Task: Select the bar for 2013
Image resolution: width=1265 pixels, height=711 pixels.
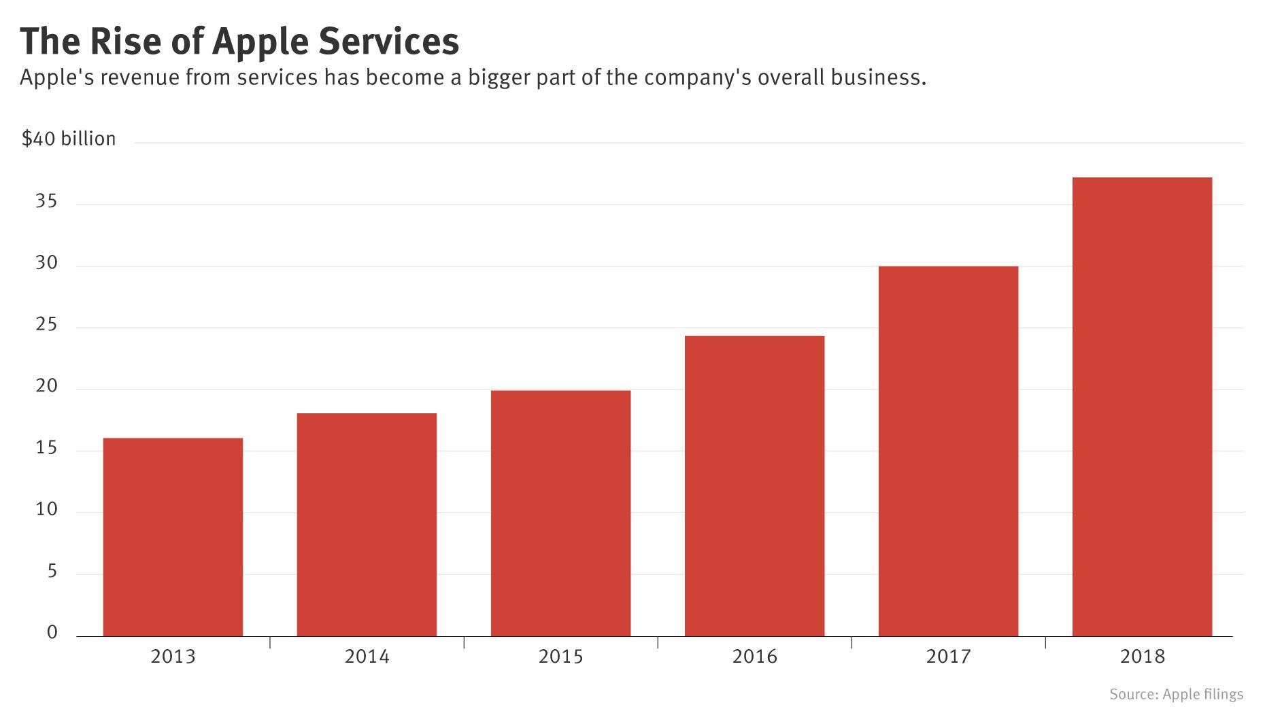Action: [x=173, y=537]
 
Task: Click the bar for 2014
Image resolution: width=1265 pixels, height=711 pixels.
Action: [x=367, y=525]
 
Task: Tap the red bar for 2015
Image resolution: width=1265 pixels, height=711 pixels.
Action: [x=560, y=513]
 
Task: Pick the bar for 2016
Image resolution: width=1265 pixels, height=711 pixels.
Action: [x=754, y=486]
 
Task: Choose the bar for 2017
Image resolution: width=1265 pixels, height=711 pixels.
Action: [x=948, y=451]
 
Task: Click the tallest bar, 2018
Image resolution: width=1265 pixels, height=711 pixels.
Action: [x=1142, y=406]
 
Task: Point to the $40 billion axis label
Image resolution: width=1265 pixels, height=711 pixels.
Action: [x=69, y=139]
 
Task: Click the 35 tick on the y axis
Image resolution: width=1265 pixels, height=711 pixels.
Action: [x=46, y=202]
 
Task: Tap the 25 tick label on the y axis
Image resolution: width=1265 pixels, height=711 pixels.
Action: [x=46, y=326]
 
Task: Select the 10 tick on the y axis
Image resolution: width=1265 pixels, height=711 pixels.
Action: [x=46, y=510]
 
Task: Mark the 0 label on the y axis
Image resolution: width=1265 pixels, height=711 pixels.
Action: [x=52, y=633]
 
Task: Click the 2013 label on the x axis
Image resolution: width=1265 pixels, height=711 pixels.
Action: [x=173, y=657]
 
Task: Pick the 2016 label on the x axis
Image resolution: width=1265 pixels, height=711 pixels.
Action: [x=754, y=657]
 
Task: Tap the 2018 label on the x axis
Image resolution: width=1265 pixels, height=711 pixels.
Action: [x=1142, y=657]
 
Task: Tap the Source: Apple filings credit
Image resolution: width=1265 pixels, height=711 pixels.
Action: [x=1176, y=694]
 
